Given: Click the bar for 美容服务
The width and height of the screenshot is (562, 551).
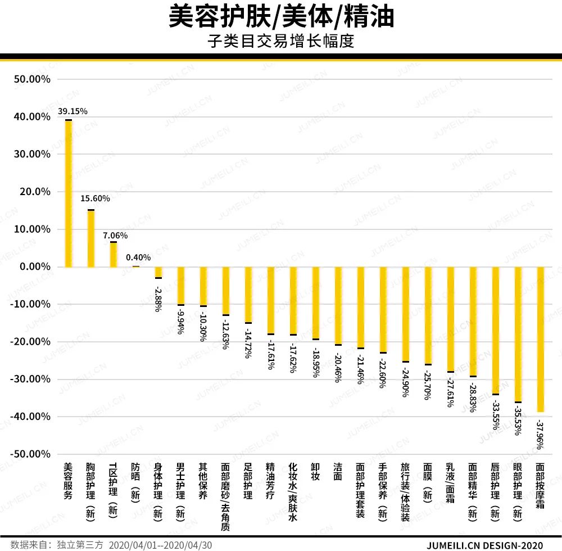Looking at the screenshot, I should [69, 193].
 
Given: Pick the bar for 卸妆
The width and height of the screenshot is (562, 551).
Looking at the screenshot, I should [316, 303].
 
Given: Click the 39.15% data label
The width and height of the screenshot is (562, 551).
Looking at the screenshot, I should [72, 111].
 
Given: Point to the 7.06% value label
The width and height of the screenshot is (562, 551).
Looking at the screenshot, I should [115, 235].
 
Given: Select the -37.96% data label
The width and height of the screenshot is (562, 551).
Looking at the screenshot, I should [540, 434].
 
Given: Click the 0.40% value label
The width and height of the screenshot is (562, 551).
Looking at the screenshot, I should [138, 258].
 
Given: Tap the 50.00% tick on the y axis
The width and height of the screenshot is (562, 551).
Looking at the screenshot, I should [32, 79].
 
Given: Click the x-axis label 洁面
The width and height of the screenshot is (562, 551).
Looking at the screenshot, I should [338, 472].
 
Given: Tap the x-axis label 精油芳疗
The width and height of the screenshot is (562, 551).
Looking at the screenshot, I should [270, 481].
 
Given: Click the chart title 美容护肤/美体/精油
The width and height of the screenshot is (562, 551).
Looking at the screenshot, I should [281, 17].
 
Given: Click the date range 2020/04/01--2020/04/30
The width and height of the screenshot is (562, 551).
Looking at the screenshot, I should [160, 545].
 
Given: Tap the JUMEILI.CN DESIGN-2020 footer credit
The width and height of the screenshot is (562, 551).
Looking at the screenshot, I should [485, 545].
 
